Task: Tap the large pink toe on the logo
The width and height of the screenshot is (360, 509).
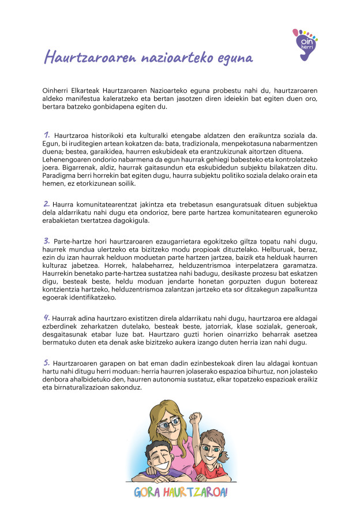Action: pos(296,32)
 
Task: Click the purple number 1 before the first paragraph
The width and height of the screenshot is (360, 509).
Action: pos(46,134)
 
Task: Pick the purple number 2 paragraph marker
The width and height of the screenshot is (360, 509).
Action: pos(46,203)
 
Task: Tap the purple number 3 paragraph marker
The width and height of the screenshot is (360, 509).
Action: pos(46,239)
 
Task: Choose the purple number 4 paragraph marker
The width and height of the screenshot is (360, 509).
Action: pos(46,317)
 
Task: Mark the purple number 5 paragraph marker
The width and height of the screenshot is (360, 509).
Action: pos(46,362)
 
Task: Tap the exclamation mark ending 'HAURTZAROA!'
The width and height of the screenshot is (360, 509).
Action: pos(227,492)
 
